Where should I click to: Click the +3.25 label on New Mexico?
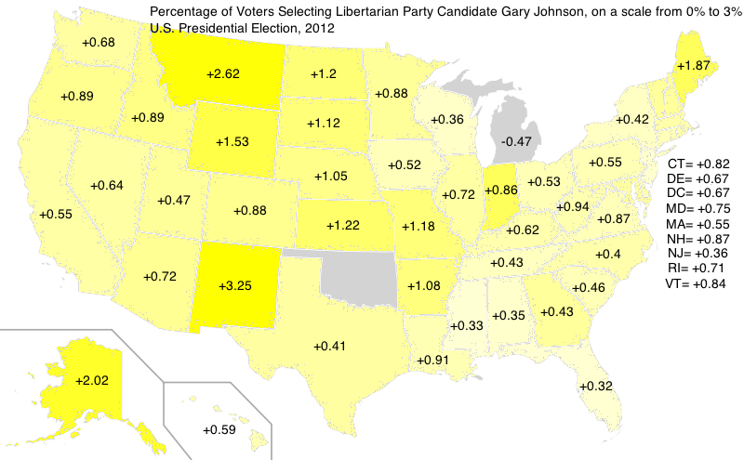click(x=236, y=286)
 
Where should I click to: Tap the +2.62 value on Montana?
click(x=222, y=73)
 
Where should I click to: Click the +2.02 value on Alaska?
click(x=91, y=379)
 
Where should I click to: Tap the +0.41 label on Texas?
click(x=329, y=346)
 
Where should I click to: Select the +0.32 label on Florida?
click(x=595, y=386)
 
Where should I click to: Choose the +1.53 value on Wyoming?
click(x=232, y=141)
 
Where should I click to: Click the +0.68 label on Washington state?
click(x=99, y=44)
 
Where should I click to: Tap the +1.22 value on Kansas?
click(x=343, y=224)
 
